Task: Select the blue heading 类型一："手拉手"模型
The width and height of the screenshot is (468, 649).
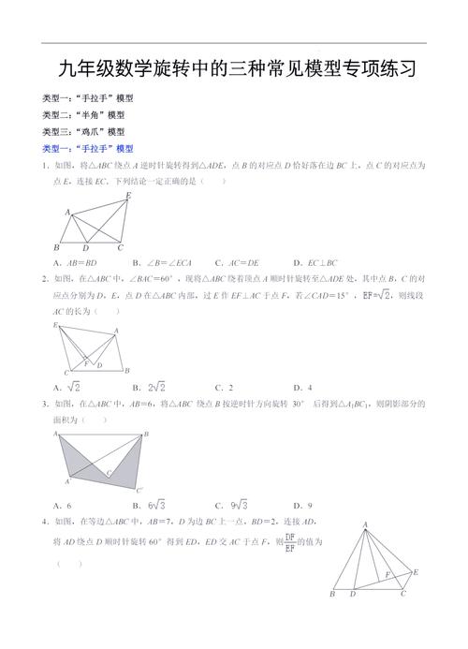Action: [x=88, y=149]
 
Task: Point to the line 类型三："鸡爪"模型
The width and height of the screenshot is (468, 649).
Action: [x=84, y=132]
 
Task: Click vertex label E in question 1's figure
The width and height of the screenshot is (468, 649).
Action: [x=128, y=196]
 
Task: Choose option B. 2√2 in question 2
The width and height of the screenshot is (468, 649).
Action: [x=151, y=387]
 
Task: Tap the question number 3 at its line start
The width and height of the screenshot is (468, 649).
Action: [x=45, y=405]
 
